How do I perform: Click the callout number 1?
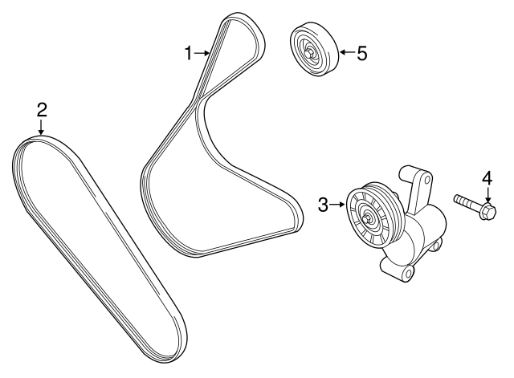pos(189,54)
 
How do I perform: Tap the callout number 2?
pos(42,109)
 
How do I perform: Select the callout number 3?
pos(324,205)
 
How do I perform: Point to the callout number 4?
pos(486,177)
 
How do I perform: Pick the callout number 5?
pos(361,54)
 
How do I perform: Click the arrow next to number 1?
pos(202,54)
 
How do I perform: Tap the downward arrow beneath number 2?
pos(42,128)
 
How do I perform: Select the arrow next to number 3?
pos(338,205)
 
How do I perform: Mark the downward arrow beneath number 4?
pos(486,195)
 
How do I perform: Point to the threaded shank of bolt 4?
pos(466,204)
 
